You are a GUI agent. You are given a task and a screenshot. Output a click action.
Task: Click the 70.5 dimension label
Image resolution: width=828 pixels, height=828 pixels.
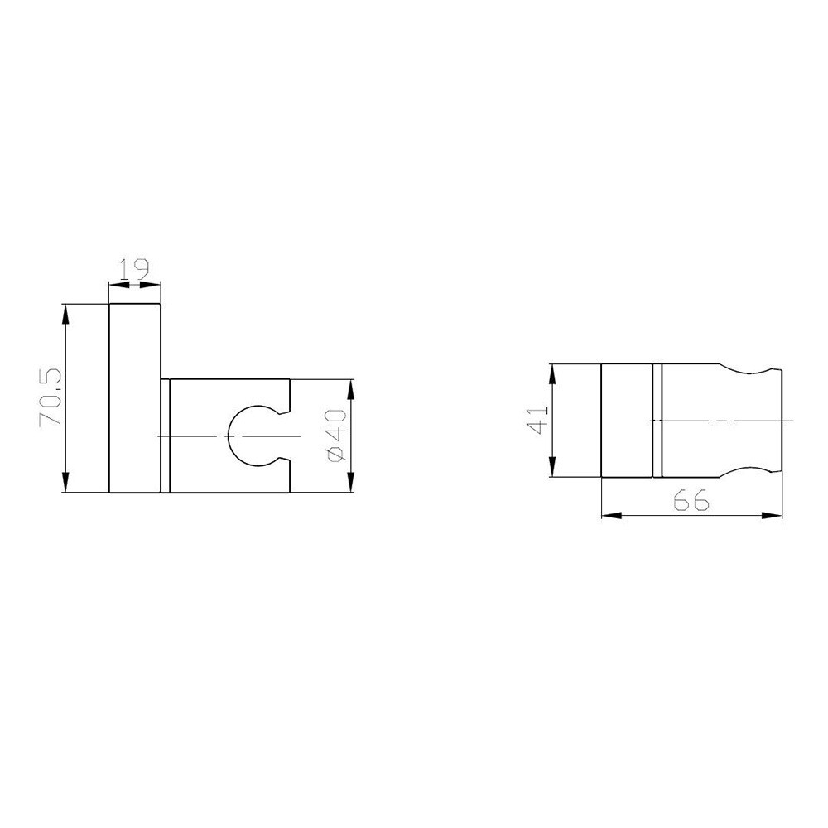[x=51, y=397]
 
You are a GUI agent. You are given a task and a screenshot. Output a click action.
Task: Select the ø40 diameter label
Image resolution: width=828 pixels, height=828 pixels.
[x=336, y=436]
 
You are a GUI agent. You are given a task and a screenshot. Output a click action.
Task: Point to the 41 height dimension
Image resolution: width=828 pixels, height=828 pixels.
[x=539, y=420]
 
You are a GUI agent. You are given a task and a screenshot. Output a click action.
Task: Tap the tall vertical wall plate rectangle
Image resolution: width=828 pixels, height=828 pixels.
[x=135, y=398]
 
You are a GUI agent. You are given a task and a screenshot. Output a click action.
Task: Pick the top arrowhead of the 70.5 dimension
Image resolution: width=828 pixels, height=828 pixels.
[x=65, y=315]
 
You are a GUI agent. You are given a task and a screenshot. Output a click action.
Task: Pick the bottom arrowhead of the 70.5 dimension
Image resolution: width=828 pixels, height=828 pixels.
[x=65, y=482]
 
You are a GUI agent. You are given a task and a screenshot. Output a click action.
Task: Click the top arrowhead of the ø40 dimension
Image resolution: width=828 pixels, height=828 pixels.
[x=350, y=390]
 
